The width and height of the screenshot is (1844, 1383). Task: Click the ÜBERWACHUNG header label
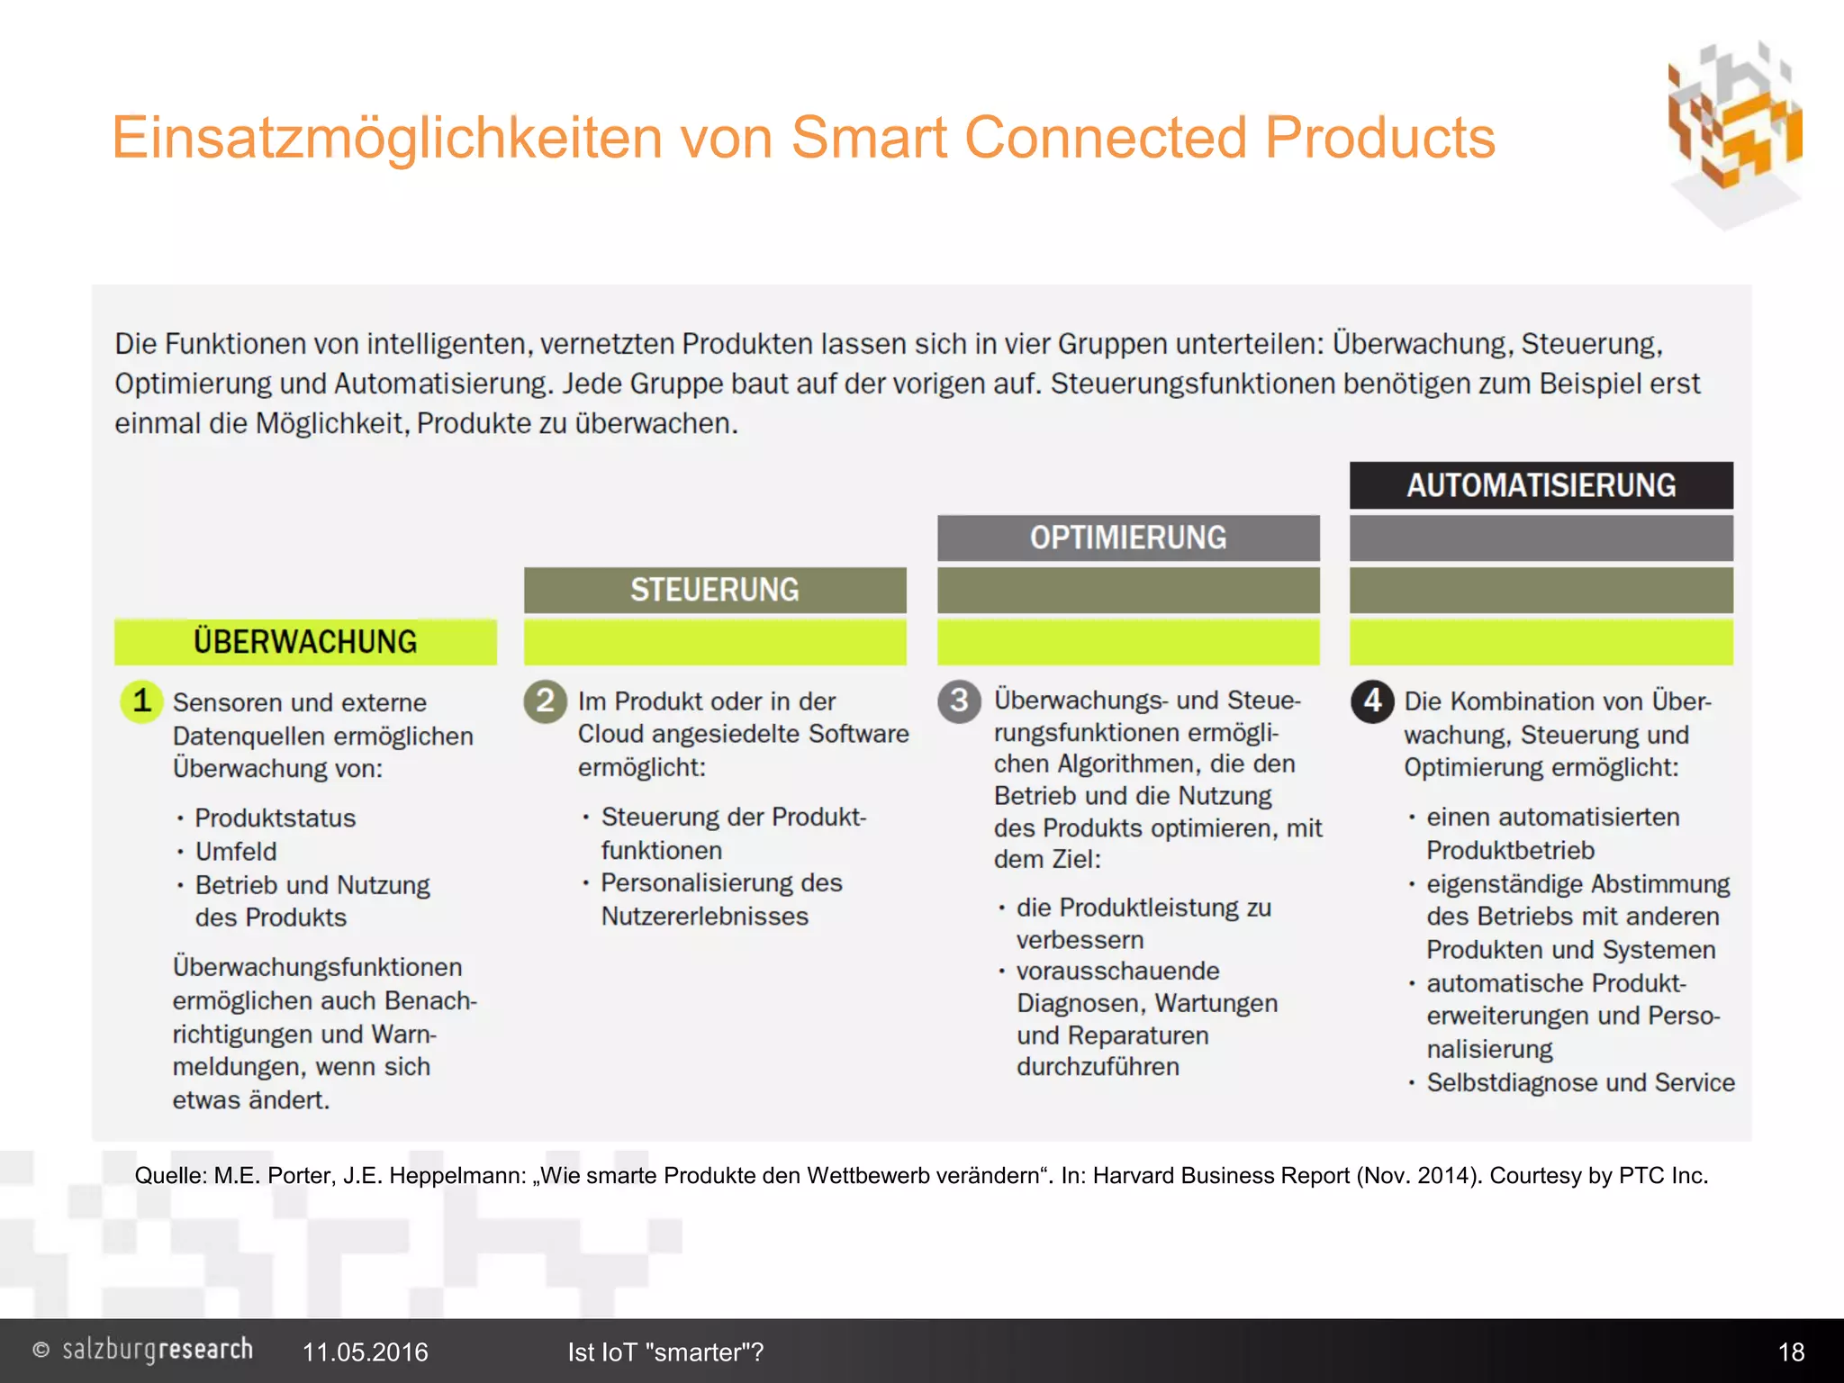305,642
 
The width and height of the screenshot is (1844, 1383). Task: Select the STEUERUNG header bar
715,590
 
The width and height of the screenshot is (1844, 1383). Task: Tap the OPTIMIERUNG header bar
1128,538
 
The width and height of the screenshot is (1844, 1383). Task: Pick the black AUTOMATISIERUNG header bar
1541,485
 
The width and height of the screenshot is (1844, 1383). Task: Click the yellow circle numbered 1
141,701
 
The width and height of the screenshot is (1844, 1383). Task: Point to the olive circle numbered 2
545,701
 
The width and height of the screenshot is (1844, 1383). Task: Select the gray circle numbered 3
959,701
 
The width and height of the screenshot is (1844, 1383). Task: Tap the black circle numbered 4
1372,701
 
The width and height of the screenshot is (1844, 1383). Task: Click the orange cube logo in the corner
1734,131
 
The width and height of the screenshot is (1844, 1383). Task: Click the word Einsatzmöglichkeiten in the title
388,138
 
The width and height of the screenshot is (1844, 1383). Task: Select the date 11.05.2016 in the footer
365,1351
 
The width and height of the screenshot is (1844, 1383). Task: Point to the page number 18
1791,1351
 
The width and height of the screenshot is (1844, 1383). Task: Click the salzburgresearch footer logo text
157,1350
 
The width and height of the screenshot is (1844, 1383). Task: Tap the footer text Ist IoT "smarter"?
665,1351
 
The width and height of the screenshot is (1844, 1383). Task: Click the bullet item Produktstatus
275,818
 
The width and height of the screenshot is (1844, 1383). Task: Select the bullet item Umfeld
236,851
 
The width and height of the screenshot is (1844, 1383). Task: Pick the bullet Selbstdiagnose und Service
1580,1082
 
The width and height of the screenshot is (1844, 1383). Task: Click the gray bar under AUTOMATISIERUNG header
1541,538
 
